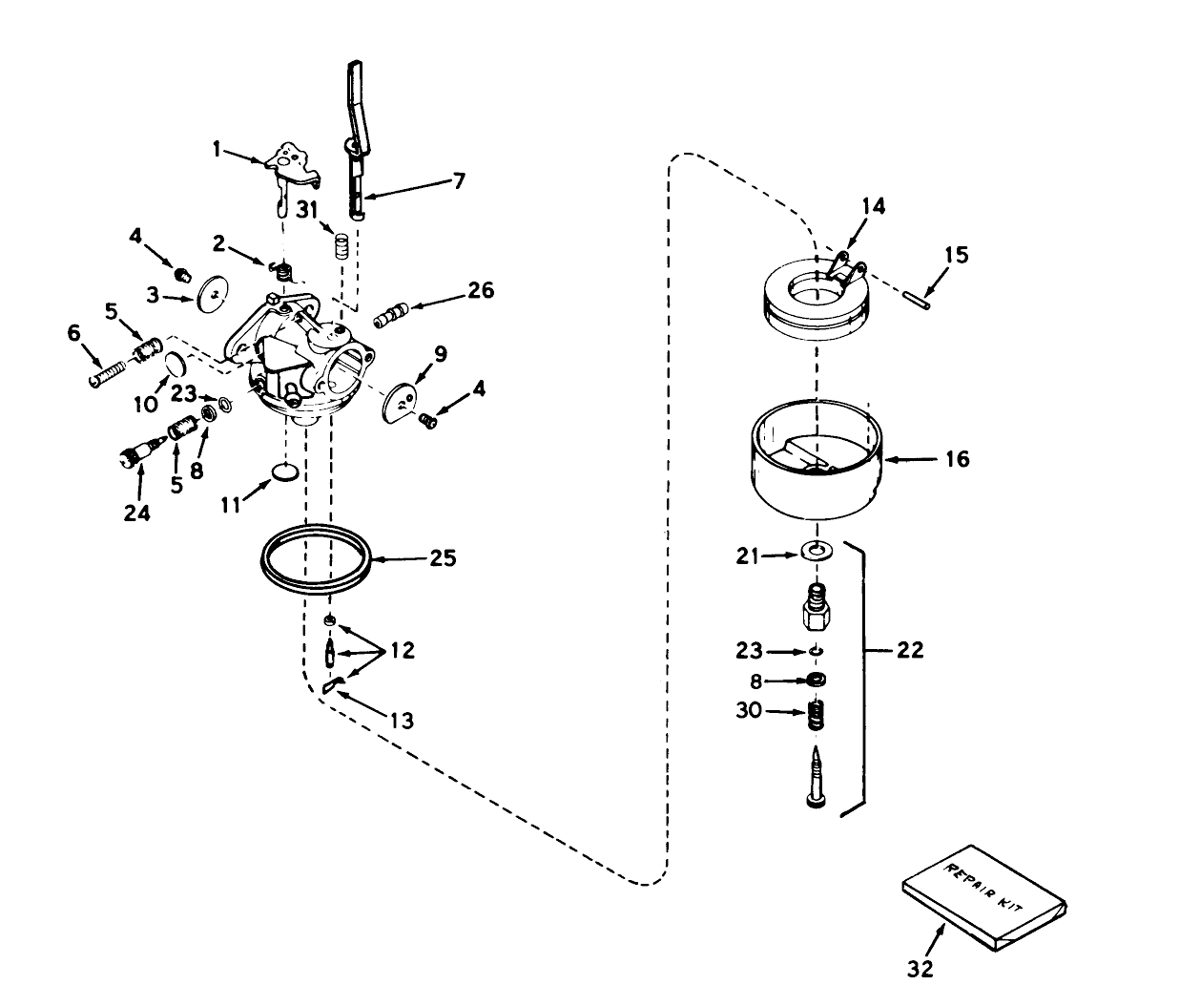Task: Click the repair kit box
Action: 983,896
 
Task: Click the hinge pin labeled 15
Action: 921,293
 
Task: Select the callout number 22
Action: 910,651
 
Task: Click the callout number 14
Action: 872,205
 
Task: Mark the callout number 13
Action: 403,721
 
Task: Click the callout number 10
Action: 145,405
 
